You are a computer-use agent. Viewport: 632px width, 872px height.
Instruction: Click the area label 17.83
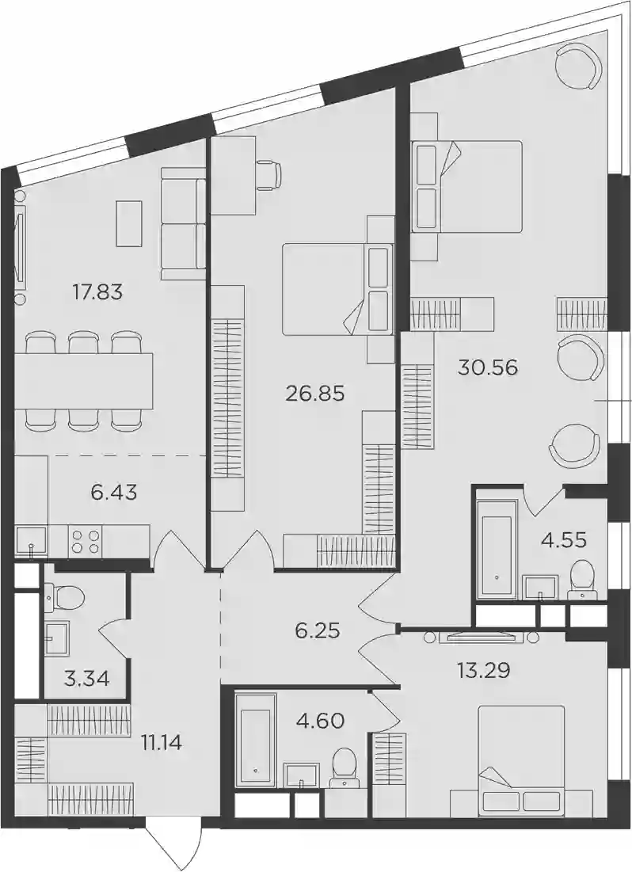[x=97, y=291]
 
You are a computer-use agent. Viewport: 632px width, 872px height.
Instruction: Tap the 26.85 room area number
[x=315, y=394]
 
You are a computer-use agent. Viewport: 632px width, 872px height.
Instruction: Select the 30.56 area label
[x=488, y=367]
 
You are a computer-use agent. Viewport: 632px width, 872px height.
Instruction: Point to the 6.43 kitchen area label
[x=114, y=492]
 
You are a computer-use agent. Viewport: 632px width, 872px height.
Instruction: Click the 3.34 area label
[x=87, y=679]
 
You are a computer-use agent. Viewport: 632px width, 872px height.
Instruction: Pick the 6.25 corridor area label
[x=318, y=631]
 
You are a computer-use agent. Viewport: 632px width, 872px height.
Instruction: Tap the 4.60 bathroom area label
[x=322, y=722]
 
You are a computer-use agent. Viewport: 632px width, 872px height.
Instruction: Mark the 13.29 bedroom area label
[x=483, y=671]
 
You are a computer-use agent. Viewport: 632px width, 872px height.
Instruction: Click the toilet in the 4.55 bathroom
[x=582, y=580]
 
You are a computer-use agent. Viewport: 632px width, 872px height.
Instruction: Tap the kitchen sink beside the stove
[x=32, y=541]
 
